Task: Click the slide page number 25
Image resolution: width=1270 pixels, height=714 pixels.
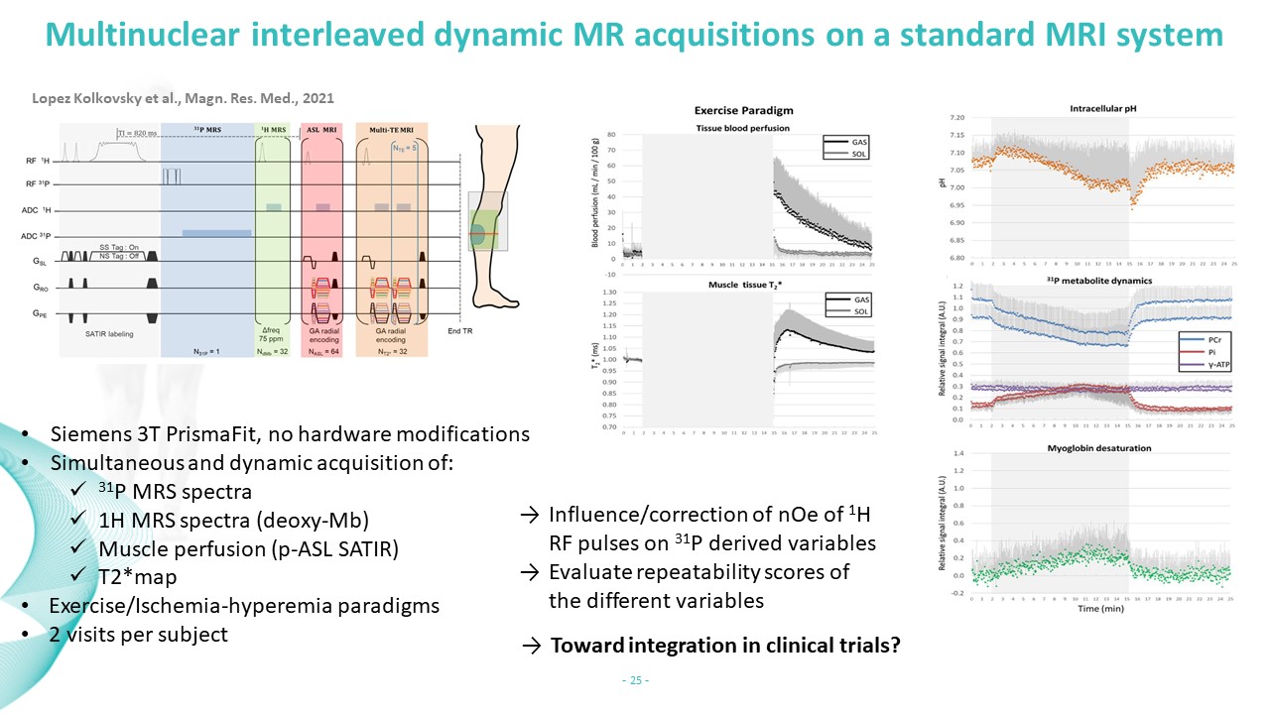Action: pyautogui.click(x=634, y=680)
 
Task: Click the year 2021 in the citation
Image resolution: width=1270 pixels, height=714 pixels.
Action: pyautogui.click(x=317, y=99)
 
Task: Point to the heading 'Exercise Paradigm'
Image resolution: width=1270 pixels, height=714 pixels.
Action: pyautogui.click(x=743, y=110)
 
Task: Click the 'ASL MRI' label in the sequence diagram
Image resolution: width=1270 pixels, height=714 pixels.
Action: pyautogui.click(x=321, y=129)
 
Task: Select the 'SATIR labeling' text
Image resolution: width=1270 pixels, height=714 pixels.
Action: pyautogui.click(x=108, y=334)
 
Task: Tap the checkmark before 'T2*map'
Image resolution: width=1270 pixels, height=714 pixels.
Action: pyautogui.click(x=78, y=575)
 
